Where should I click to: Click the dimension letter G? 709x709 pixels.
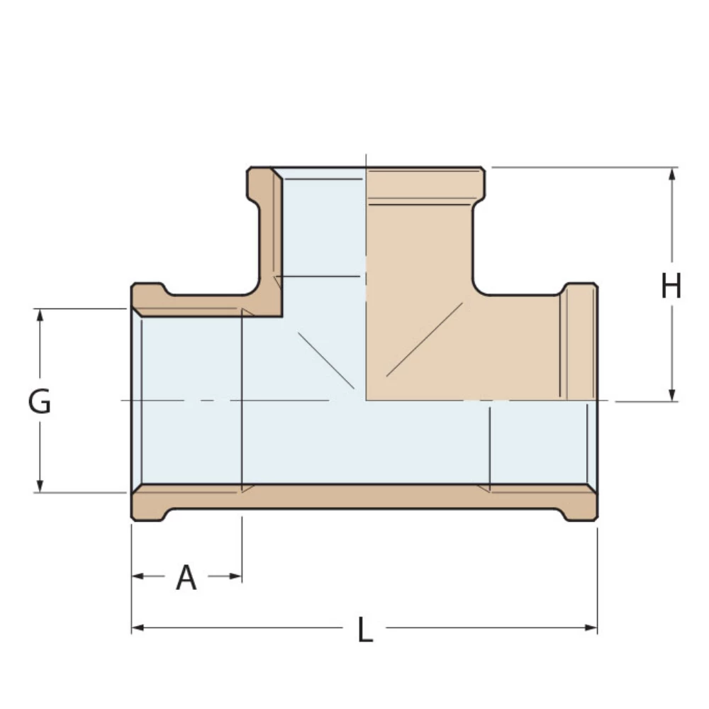pos(40,402)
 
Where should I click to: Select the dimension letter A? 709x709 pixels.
pos(186,578)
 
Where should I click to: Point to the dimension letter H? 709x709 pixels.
pos(671,287)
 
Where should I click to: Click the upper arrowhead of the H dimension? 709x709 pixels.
pos(671,174)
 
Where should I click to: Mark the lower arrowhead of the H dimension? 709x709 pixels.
pos(671,394)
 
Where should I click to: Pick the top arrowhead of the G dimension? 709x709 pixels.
pos(40,316)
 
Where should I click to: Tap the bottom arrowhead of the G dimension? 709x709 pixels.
pos(40,485)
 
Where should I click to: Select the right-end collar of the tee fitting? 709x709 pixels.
pos(579,340)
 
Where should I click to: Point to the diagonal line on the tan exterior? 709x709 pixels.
pos(424,339)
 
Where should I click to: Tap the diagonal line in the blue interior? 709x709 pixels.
pos(325,359)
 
